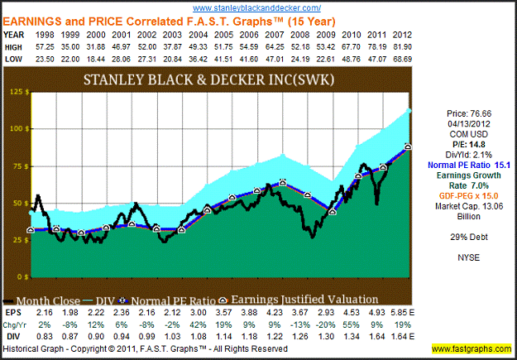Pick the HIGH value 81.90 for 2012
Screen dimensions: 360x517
[403, 47]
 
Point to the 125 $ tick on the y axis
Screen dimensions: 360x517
[15, 92]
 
